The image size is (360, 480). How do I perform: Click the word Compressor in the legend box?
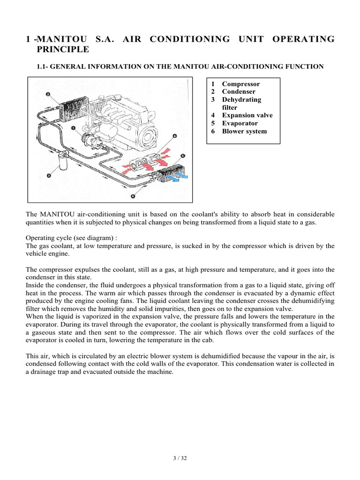coord(240,84)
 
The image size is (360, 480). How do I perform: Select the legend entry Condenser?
coord(239,92)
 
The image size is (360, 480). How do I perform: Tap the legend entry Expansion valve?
coord(247,115)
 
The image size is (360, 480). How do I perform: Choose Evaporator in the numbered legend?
coord(240,123)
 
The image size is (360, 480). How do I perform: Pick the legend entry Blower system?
coord(244,131)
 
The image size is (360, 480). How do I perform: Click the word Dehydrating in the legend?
coord(241,100)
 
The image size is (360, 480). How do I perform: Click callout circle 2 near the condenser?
coord(48,94)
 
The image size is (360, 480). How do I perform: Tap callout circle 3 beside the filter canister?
coord(49,176)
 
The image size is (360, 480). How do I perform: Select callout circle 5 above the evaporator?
coord(182,155)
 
